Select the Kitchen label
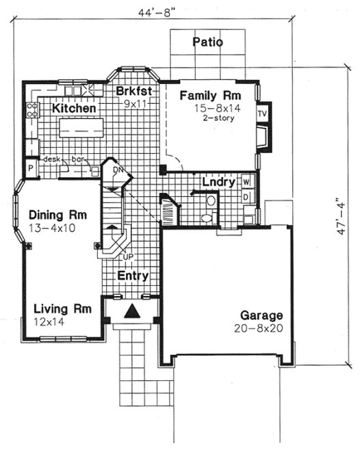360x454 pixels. [74, 108]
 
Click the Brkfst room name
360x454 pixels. [133, 92]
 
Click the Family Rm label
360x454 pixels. [209, 95]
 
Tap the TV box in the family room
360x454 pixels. [262, 113]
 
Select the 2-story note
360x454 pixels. [218, 118]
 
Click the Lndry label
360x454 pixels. [219, 183]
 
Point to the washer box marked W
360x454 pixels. [246, 182]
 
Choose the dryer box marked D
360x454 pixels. [246, 197]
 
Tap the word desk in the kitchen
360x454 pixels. [52, 159]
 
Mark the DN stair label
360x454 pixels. [117, 170]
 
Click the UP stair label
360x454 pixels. [127, 258]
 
